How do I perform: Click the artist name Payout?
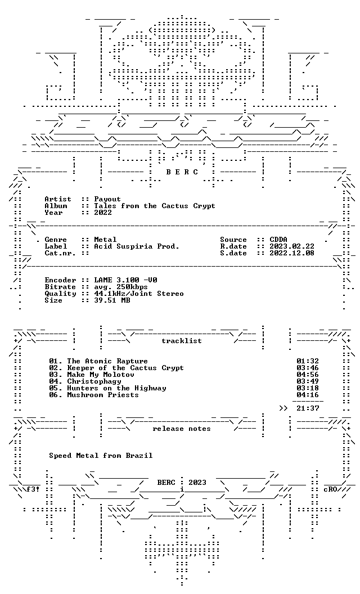[107, 199]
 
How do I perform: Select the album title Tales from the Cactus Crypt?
[155, 206]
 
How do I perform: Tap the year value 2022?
[103, 213]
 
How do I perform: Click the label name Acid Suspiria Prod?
[137, 246]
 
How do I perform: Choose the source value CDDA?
[278, 240]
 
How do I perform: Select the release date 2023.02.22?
[292, 246]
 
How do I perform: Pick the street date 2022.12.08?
[292, 253]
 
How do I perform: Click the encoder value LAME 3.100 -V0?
[126, 280]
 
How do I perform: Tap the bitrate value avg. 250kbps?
[121, 287]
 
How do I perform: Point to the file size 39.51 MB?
[112, 300]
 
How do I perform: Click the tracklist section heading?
[182, 341]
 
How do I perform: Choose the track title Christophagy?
[94, 381]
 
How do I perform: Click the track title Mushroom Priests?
[103, 395]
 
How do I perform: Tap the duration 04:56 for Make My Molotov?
[308, 375]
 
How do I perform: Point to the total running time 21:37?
[308, 408]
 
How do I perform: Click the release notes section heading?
[182, 429]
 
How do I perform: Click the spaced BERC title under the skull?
[182, 172]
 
